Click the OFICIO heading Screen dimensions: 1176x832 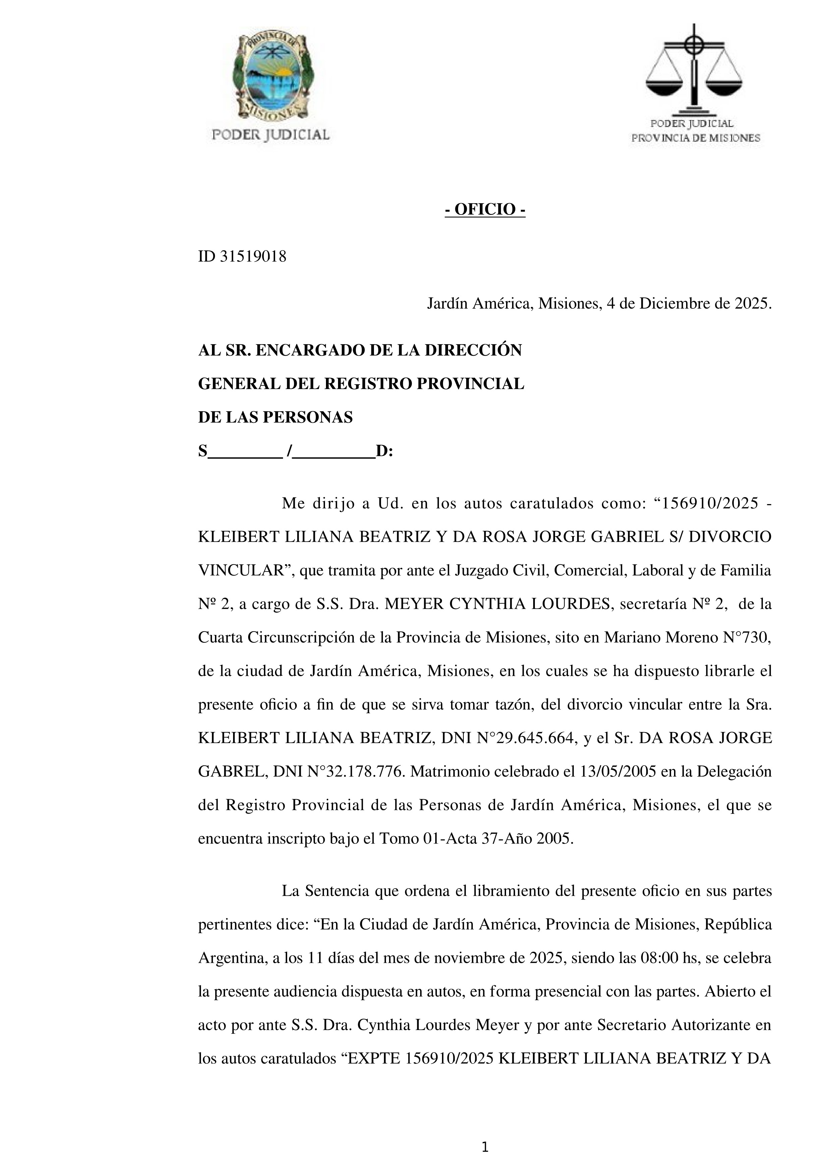point(485,210)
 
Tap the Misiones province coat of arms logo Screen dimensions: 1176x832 point(272,76)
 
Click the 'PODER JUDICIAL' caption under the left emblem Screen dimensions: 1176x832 point(271,135)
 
